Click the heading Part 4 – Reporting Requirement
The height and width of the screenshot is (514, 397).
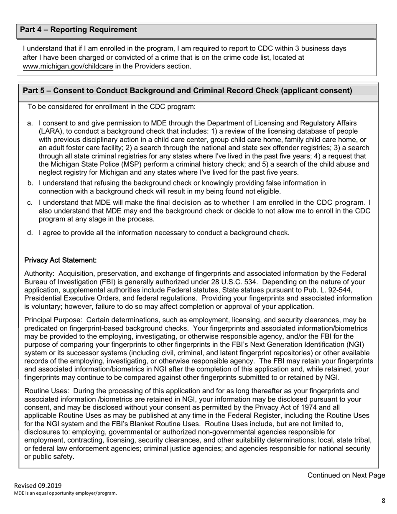coord(78,30)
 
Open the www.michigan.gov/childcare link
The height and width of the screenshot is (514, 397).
coord(68,66)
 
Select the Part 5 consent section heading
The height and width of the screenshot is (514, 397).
coord(187,91)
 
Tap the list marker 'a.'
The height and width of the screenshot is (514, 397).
coord(30,123)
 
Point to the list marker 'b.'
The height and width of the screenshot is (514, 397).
coord(30,183)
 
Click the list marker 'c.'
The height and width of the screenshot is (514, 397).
coord(30,203)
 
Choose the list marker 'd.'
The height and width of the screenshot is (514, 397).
coord(30,233)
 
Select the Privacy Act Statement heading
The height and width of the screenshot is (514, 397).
coord(61,260)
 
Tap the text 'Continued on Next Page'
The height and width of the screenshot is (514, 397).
coord(346,475)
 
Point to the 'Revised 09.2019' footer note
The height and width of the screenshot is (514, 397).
coord(38,486)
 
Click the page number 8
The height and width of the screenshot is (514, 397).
coord(383,501)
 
